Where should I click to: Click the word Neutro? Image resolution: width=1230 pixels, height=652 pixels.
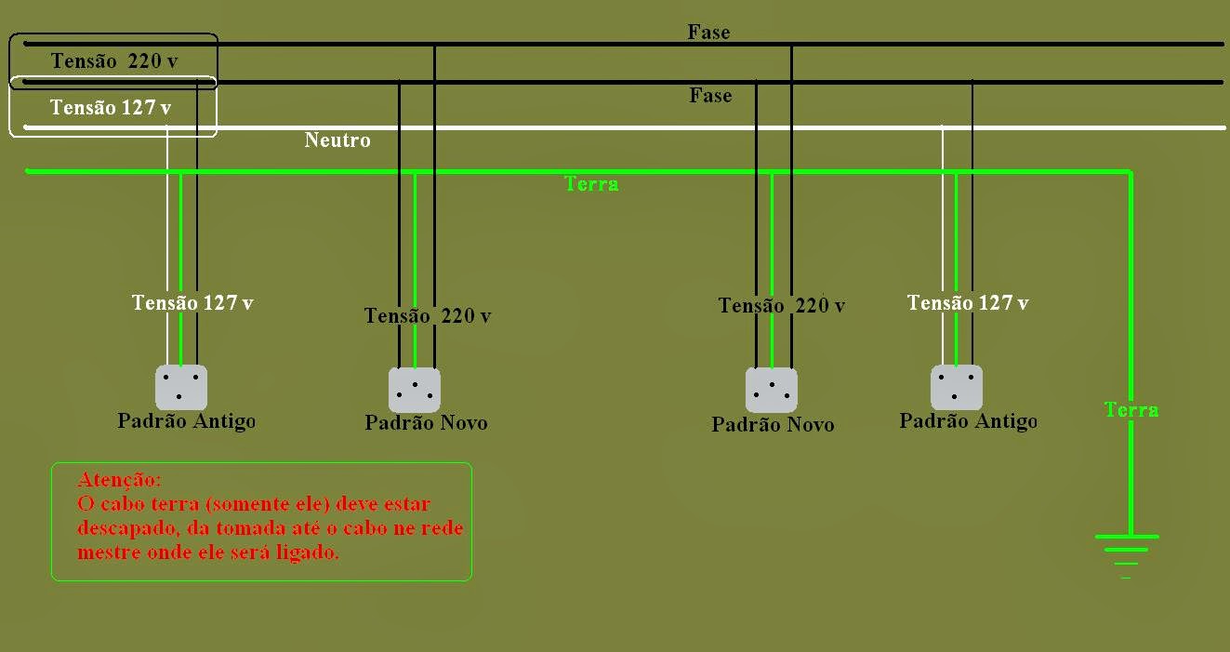click(x=337, y=140)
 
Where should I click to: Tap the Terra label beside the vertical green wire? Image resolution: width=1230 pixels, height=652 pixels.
click(x=1131, y=409)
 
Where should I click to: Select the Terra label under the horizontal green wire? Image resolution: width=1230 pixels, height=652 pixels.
click(x=591, y=184)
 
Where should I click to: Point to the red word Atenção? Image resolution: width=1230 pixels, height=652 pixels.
click(x=120, y=481)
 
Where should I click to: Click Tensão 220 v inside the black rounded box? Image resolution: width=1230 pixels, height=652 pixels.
click(x=114, y=61)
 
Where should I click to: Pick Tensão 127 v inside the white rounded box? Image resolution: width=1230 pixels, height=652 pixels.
click(x=111, y=108)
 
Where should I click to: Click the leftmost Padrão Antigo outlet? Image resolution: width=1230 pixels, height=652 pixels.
click(x=180, y=387)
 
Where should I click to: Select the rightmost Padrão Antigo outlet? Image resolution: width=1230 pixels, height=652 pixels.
click(x=957, y=387)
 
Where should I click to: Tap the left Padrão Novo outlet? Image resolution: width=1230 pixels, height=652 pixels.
click(x=415, y=390)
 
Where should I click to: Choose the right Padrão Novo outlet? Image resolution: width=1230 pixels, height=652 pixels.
click(x=772, y=390)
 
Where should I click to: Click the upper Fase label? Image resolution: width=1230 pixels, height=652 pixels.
click(x=708, y=33)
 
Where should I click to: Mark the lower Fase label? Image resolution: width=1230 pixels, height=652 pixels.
click(x=710, y=96)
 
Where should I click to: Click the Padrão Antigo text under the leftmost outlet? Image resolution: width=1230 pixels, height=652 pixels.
click(x=186, y=421)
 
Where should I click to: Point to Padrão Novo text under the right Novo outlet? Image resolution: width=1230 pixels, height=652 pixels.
click(x=773, y=425)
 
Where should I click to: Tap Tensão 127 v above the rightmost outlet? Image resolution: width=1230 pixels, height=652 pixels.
click(x=968, y=303)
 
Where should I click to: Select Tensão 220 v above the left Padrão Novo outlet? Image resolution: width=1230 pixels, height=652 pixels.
click(x=428, y=316)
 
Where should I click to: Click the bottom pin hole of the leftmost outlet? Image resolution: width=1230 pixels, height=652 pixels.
click(x=179, y=397)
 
